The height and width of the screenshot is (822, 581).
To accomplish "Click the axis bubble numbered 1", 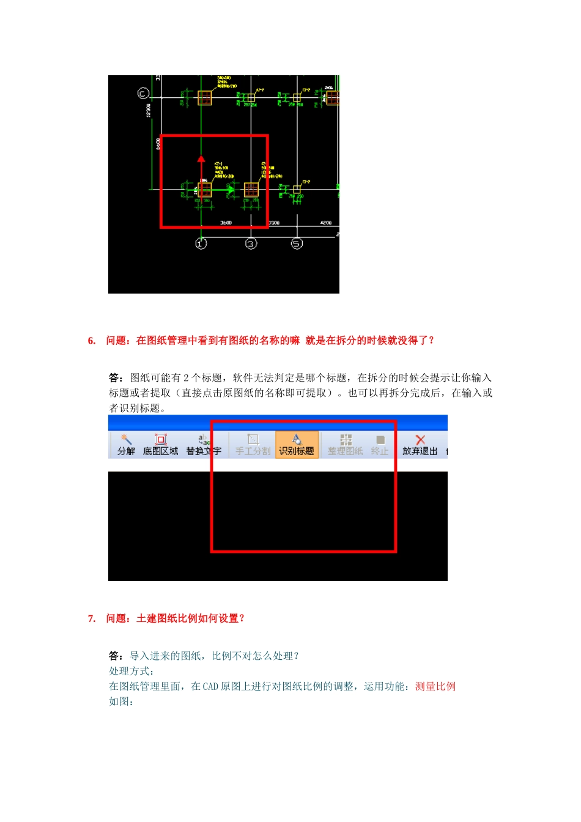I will coord(201,243).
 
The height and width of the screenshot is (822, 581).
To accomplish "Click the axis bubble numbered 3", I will coord(251,243).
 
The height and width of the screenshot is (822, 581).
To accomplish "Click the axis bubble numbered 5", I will coord(297,243).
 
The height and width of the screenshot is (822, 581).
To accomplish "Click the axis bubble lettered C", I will coord(143,93).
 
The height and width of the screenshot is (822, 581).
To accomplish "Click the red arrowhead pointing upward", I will coord(201,159).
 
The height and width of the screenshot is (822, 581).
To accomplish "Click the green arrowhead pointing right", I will coord(231,190).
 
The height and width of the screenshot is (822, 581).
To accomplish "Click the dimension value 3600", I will coord(226,223).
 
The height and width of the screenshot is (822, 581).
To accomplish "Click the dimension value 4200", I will coord(326,223).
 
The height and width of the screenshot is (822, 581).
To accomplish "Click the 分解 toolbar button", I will coord(126,445).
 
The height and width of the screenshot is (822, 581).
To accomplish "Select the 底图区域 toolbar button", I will coord(160,445).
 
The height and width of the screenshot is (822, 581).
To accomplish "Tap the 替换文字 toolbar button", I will coord(204,445).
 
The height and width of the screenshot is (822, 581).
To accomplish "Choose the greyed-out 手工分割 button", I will coord(253,445).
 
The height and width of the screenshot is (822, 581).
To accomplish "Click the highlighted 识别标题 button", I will coord(297,445).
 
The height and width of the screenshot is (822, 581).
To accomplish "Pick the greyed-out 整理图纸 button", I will coord(346,445).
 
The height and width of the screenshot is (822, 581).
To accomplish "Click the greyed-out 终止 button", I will coord(380,445).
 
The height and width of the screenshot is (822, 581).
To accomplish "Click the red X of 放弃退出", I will coord(420,440).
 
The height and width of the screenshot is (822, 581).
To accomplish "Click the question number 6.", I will coord(92,341).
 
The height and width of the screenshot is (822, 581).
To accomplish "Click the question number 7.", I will coord(92,618).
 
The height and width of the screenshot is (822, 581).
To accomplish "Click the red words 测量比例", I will coord(435,686).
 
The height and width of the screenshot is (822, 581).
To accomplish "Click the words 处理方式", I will coord(130,671).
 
